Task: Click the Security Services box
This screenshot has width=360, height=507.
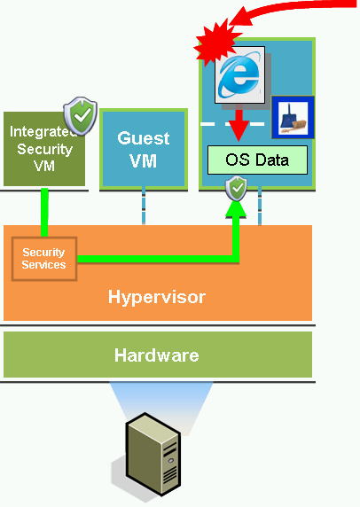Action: point(44,259)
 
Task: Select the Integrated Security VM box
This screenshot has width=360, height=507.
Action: point(44,149)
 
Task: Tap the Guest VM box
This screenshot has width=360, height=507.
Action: point(144,149)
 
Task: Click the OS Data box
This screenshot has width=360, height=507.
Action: point(257,160)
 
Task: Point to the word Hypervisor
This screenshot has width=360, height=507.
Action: point(157,297)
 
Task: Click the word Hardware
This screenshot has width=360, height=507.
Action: point(157,355)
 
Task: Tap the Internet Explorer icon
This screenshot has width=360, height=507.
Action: point(240,75)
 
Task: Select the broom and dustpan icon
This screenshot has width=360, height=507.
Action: point(293,117)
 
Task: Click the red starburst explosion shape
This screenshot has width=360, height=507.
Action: point(217,42)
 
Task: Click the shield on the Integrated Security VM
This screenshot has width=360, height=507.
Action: point(81,115)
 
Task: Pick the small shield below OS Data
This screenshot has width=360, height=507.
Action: point(237,188)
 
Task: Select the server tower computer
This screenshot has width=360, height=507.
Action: point(153,454)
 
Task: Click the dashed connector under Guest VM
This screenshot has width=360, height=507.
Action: point(144,206)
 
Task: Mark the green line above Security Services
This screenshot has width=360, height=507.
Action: point(44,212)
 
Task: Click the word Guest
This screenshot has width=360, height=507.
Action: point(144,138)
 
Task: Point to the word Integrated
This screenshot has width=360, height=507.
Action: point(43,131)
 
